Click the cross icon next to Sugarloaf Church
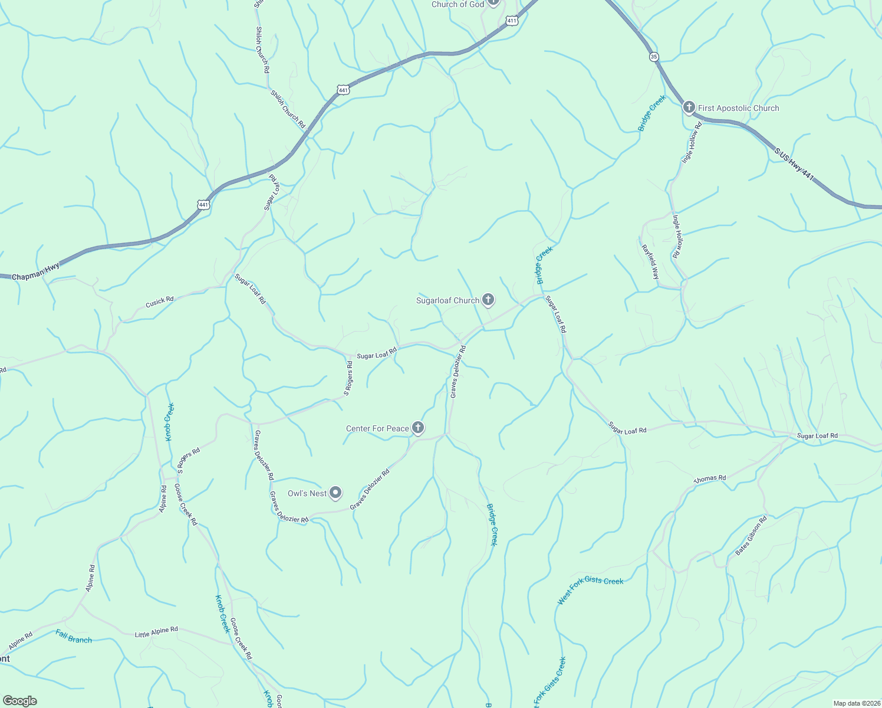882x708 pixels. click(x=488, y=300)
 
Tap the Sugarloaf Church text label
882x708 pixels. click(x=447, y=300)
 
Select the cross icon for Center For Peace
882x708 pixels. click(x=418, y=428)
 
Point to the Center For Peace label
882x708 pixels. click(x=377, y=428)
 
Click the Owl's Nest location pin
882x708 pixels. click(x=335, y=493)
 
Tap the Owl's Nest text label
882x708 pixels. click(x=307, y=493)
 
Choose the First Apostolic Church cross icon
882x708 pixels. click(x=689, y=107)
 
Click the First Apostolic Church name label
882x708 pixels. click(x=738, y=108)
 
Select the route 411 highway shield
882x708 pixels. click(x=511, y=21)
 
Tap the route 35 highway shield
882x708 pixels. click(x=654, y=57)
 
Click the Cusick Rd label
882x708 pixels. click(x=160, y=301)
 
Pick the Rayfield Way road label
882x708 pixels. click(x=650, y=262)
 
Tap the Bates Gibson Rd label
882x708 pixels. click(x=751, y=536)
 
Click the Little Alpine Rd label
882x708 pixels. click(x=156, y=632)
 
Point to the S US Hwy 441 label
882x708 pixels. click(x=795, y=165)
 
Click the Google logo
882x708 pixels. click(x=19, y=700)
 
